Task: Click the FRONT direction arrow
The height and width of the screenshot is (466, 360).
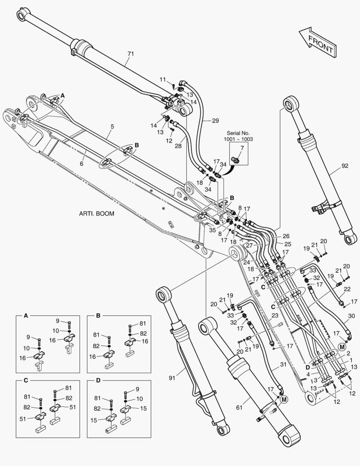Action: [x=317, y=42]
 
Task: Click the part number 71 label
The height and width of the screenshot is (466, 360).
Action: [x=131, y=54]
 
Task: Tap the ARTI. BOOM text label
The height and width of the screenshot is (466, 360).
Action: [x=97, y=214]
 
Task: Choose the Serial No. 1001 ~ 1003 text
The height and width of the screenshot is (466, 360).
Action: [x=238, y=136]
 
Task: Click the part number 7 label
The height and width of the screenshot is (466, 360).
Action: [x=242, y=148]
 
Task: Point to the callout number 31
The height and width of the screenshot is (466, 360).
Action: [x=283, y=365]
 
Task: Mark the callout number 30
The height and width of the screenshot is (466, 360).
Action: [x=351, y=316]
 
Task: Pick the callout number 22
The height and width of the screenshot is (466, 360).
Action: [x=347, y=289]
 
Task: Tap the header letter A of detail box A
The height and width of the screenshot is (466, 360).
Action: [x=25, y=316]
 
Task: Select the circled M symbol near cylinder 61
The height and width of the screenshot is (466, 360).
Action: [x=283, y=400]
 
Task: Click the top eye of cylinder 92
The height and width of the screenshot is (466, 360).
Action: [x=291, y=104]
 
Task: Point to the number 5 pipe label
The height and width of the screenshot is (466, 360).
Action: [x=112, y=126]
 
